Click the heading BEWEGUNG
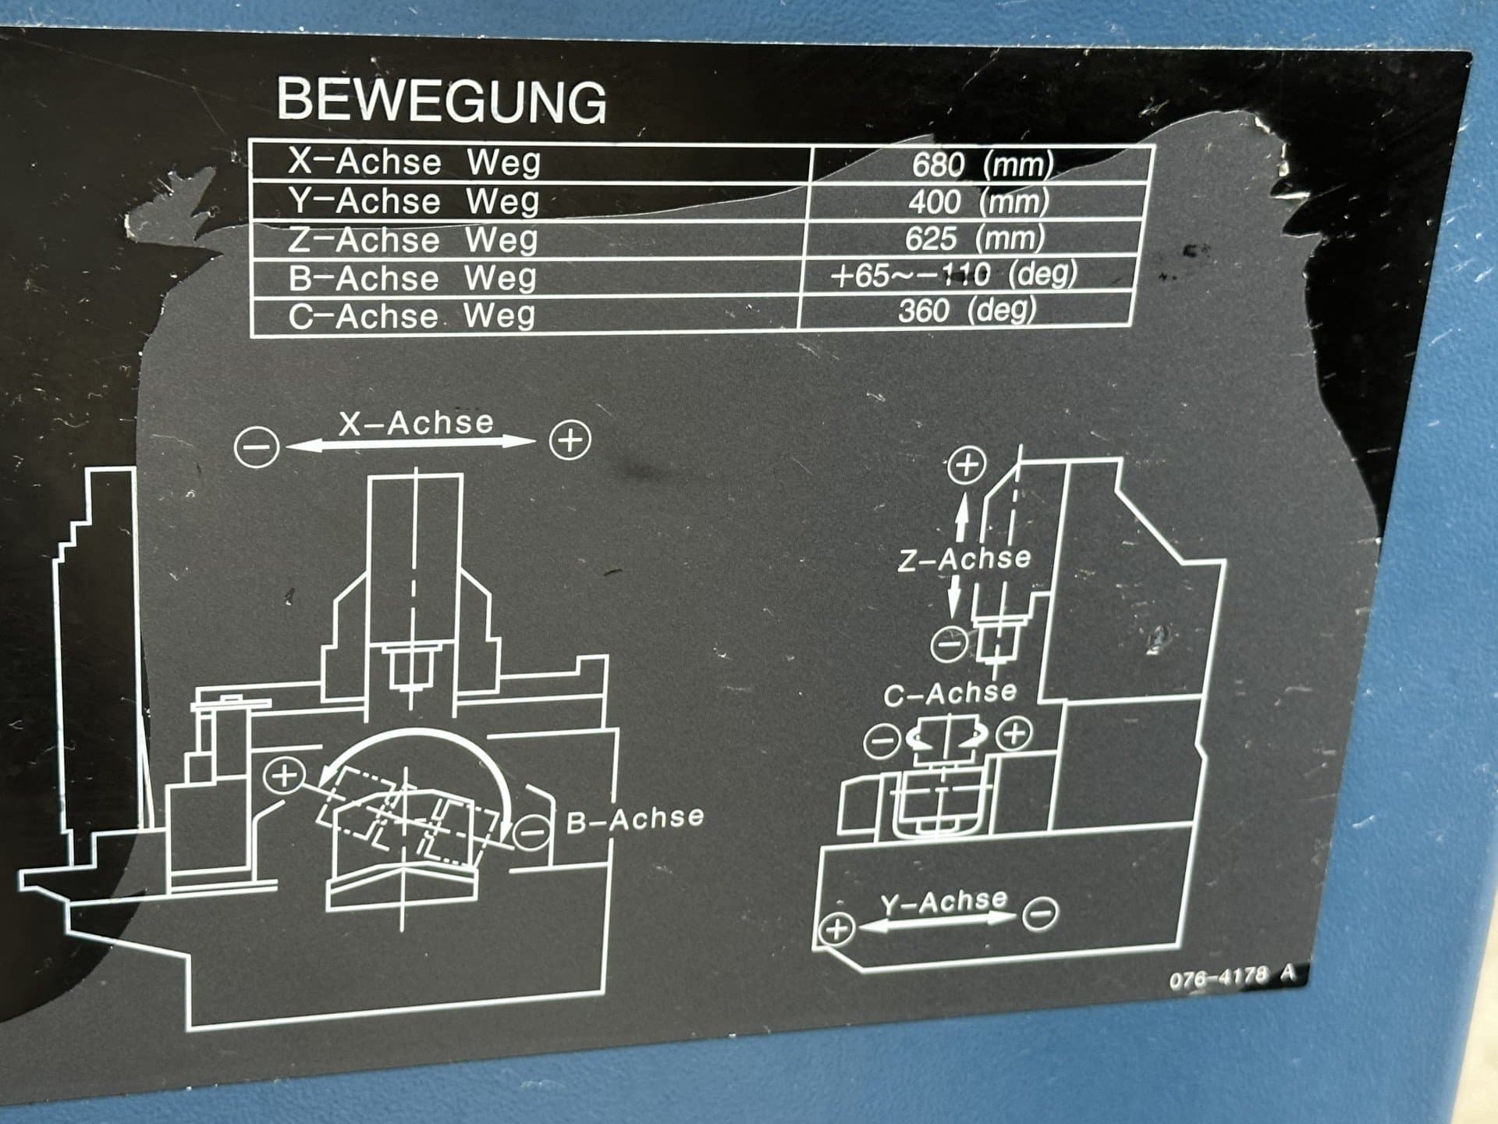[x=442, y=101]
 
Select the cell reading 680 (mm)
[x=982, y=165]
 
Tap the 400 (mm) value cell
[x=978, y=202]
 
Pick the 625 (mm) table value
[x=974, y=238]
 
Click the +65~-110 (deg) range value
[x=953, y=275]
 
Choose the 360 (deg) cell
[x=967, y=311]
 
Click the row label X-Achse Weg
[x=414, y=162]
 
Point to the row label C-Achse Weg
[x=412, y=316]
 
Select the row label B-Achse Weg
[x=413, y=278]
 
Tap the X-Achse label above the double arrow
[x=416, y=423]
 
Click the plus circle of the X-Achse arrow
[x=570, y=440]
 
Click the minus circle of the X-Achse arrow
[x=257, y=447]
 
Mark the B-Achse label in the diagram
[x=635, y=819]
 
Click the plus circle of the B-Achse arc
[x=284, y=775]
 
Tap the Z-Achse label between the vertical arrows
[x=964, y=559]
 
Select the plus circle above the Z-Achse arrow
[x=967, y=465]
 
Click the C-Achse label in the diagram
[x=950, y=693]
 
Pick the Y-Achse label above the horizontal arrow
[x=944, y=902]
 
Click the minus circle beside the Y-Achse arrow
[x=1040, y=912]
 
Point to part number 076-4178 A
[x=1232, y=976]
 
